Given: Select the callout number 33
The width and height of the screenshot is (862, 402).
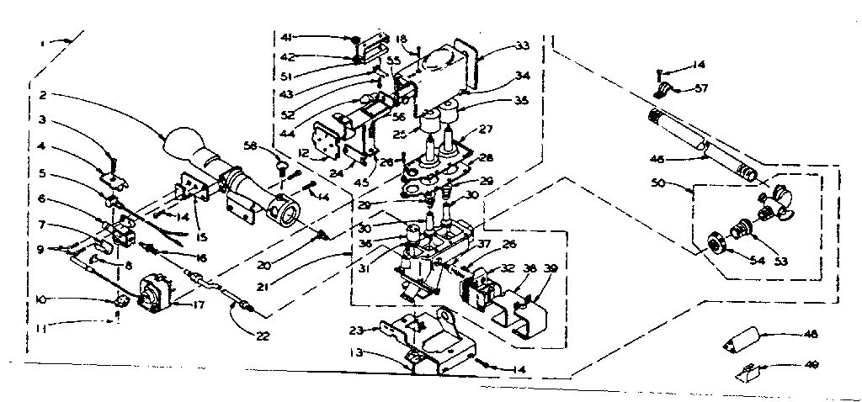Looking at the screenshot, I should [x=523, y=45].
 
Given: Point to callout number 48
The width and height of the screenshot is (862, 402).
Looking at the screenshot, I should [x=811, y=334].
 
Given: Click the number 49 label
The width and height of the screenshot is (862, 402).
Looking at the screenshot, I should [x=811, y=364].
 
